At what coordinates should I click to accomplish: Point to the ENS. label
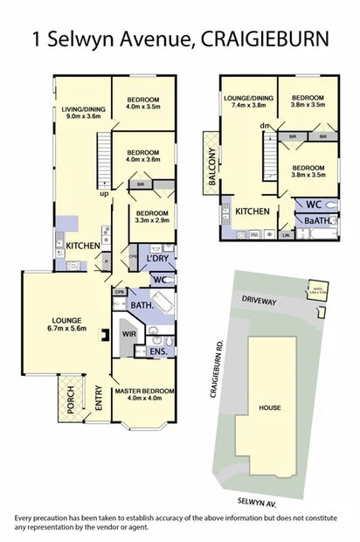158,351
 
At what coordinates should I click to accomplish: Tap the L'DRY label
158,261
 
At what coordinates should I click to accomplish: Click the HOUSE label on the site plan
268,408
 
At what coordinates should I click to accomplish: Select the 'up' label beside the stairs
104,194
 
